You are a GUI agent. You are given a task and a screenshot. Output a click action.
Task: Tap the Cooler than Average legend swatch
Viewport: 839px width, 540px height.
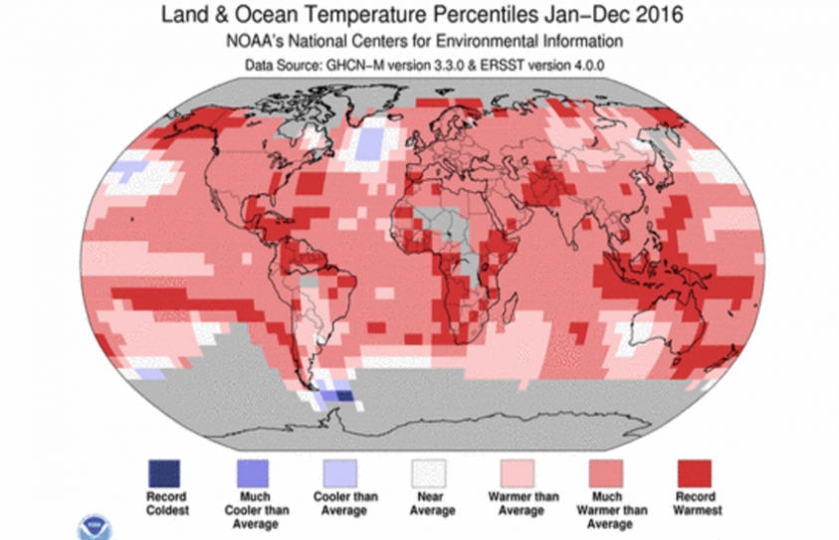(335, 470)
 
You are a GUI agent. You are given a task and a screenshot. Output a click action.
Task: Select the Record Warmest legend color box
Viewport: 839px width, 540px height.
(695, 470)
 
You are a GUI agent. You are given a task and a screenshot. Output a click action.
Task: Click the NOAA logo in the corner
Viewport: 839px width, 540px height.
(97, 526)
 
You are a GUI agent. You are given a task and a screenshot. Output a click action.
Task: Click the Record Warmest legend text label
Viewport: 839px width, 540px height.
(695, 503)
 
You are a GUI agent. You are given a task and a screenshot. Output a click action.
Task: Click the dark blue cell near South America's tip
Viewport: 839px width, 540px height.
(343, 395)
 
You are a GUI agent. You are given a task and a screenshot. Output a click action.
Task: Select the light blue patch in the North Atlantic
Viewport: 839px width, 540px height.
(369, 144)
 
